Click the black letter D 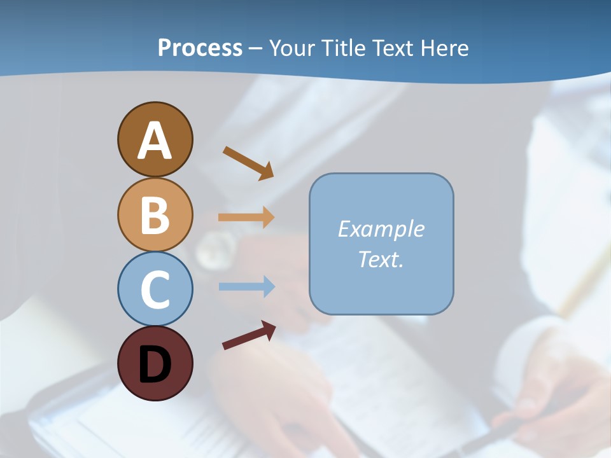[x=155, y=364]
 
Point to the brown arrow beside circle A [x=247, y=162]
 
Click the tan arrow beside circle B [x=245, y=218]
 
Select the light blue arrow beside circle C [x=245, y=287]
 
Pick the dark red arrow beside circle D [x=248, y=336]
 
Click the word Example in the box [x=381, y=229]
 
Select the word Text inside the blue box [x=379, y=259]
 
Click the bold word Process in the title [x=200, y=48]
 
